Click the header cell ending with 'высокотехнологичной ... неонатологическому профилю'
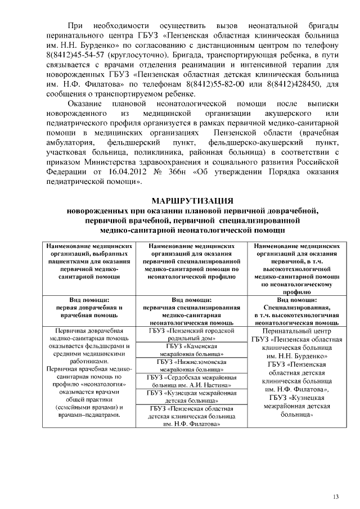coord(297,269)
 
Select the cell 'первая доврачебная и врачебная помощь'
coord(89,312)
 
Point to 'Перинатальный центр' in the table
coord(297,332)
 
